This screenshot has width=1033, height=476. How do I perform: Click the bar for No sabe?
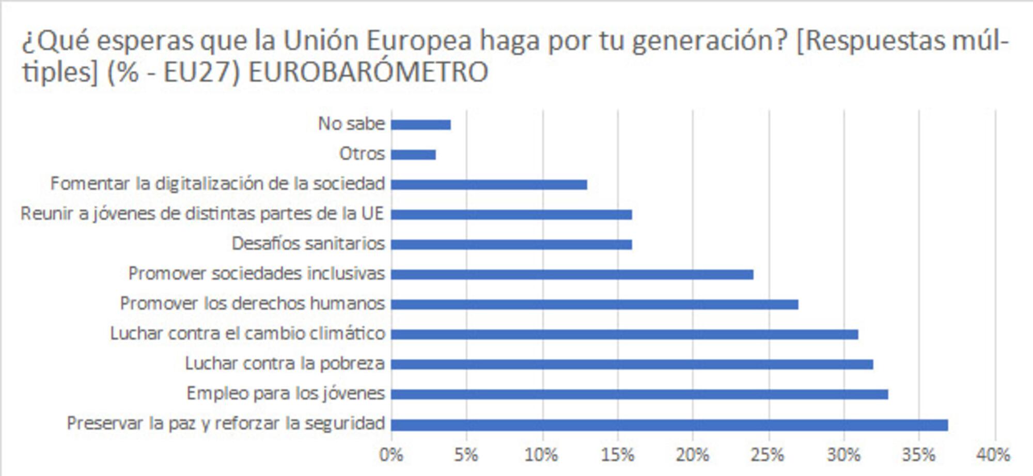(x=420, y=125)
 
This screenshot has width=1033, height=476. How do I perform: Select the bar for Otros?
(x=413, y=155)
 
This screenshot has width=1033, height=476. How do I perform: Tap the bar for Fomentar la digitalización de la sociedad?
(x=489, y=185)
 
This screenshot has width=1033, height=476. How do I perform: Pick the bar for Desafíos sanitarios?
(x=511, y=244)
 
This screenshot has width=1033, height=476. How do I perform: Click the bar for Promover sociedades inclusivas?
(x=572, y=274)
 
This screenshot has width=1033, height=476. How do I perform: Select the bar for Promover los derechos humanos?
(x=594, y=304)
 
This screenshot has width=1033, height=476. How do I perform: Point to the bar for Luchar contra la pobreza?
(x=632, y=364)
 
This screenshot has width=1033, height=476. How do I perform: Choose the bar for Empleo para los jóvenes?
(x=639, y=394)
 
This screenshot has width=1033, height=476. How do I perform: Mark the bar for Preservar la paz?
(x=669, y=425)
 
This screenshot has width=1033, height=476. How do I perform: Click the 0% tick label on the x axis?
(x=391, y=455)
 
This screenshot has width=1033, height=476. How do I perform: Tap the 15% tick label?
(x=617, y=455)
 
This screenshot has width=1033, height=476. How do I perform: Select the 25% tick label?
(x=768, y=455)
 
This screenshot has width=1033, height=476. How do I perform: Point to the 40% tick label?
(x=993, y=455)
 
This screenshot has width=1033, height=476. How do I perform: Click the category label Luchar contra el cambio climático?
(x=247, y=333)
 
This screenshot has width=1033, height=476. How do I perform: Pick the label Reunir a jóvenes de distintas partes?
(x=202, y=213)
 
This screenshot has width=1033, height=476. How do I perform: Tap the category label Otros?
(x=362, y=153)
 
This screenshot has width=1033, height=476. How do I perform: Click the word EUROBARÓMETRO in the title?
(x=368, y=72)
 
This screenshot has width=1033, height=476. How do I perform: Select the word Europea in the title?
(x=418, y=41)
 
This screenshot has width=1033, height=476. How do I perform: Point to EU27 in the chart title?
(x=201, y=72)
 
